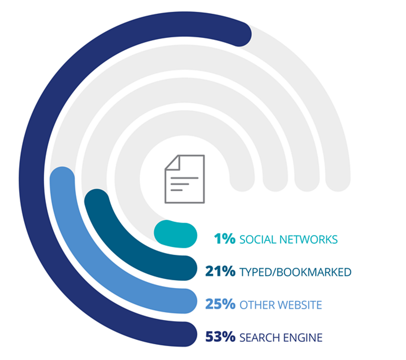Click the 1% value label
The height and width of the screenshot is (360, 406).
pyautogui.click(x=225, y=239)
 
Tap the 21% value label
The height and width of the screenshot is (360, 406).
pyautogui.click(x=220, y=272)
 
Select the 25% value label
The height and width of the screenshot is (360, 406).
pyautogui.click(x=220, y=304)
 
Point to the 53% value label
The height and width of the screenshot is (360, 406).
pyautogui.click(x=220, y=337)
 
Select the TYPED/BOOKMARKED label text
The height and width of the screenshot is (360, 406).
pyautogui.click(x=295, y=272)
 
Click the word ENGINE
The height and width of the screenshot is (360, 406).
pyautogui.click(x=304, y=337)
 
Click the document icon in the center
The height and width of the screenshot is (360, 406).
pyautogui.click(x=184, y=179)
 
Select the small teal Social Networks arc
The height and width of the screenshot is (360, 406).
pyautogui.click(x=175, y=233)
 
